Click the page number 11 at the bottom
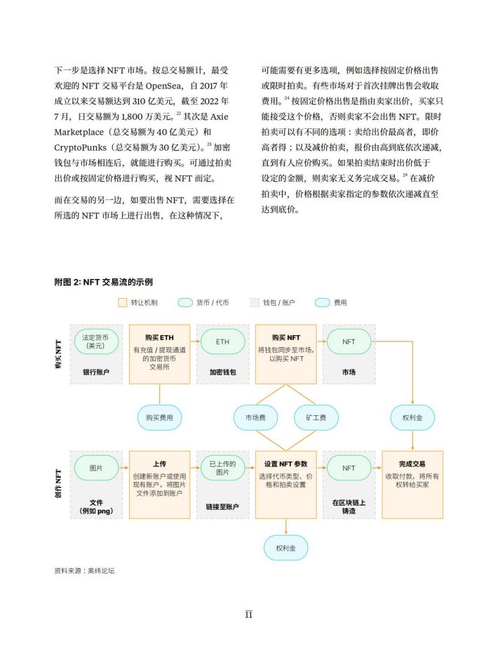[249, 614]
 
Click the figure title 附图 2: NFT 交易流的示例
[104, 282]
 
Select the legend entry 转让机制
[138, 303]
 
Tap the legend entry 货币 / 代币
[203, 303]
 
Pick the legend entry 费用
[331, 303]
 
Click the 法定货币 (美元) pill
[96, 342]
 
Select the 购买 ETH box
[159, 354]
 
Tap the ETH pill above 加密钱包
[222, 342]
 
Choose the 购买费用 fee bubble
[159, 417]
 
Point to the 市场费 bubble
[255, 417]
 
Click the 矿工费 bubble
[316, 417]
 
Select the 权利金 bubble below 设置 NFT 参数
[286, 548]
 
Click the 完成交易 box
[412, 485]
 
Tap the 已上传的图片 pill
[222, 468]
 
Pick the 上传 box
[159, 485]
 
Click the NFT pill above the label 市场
[349, 342]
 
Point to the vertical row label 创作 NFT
[59, 483]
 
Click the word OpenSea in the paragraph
[163, 86]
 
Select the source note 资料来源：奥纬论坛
[84, 571]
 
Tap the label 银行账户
[96, 372]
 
